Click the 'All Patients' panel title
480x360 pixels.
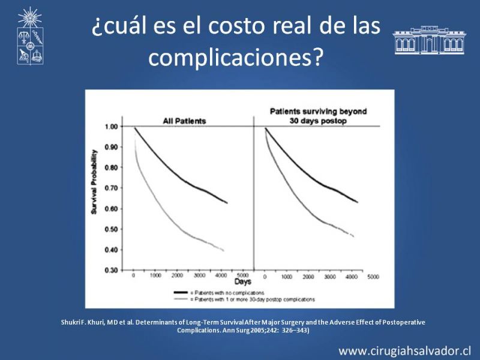click(x=185, y=121)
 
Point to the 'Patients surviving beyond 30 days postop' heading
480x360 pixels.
click(x=317, y=116)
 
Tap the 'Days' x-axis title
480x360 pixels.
click(x=243, y=281)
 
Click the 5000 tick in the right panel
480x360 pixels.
click(x=373, y=277)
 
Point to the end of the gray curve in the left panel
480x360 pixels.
click(x=224, y=250)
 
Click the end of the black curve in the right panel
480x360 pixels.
click(x=358, y=202)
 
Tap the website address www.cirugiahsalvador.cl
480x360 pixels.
click(x=404, y=350)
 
